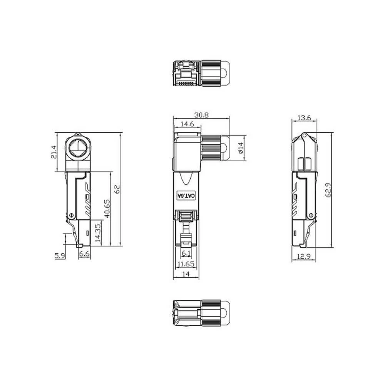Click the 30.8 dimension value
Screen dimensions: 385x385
click(x=201, y=115)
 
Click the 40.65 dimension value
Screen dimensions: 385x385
click(x=107, y=208)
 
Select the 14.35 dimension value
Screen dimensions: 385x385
click(x=98, y=232)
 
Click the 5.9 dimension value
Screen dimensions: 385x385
click(x=60, y=255)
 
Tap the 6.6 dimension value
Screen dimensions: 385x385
click(x=84, y=254)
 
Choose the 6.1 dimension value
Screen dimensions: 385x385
click(x=186, y=253)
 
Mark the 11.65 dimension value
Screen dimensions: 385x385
click(x=186, y=264)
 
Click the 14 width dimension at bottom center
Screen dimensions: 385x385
click(x=186, y=275)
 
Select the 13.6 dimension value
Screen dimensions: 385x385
click(x=304, y=118)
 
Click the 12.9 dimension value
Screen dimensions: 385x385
click(x=304, y=257)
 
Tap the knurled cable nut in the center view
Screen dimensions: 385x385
click(x=211, y=148)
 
